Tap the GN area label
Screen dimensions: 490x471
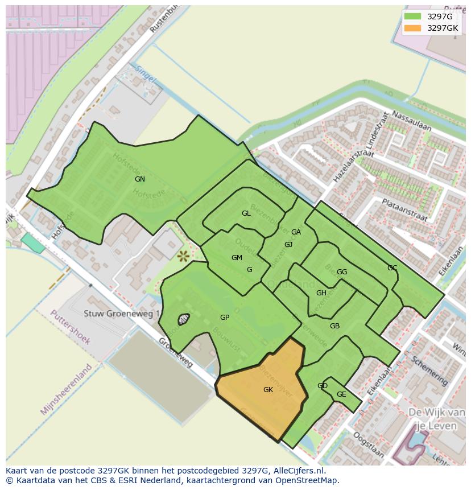(139, 179)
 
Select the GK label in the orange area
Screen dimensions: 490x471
(268, 390)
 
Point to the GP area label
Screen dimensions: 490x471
(225, 318)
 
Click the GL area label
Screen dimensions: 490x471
(246, 213)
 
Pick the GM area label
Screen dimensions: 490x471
(237, 258)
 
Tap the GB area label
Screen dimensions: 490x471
(334, 326)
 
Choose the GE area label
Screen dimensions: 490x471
(341, 394)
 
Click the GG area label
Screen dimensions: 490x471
(341, 272)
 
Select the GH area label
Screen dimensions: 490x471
(321, 293)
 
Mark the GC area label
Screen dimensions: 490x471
(392, 268)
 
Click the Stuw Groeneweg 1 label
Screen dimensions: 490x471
(122, 314)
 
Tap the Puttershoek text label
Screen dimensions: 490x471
(71, 327)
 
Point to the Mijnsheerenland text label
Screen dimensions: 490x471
(66, 389)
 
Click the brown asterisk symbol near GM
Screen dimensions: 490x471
(183, 257)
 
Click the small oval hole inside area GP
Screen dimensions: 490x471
(184, 319)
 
